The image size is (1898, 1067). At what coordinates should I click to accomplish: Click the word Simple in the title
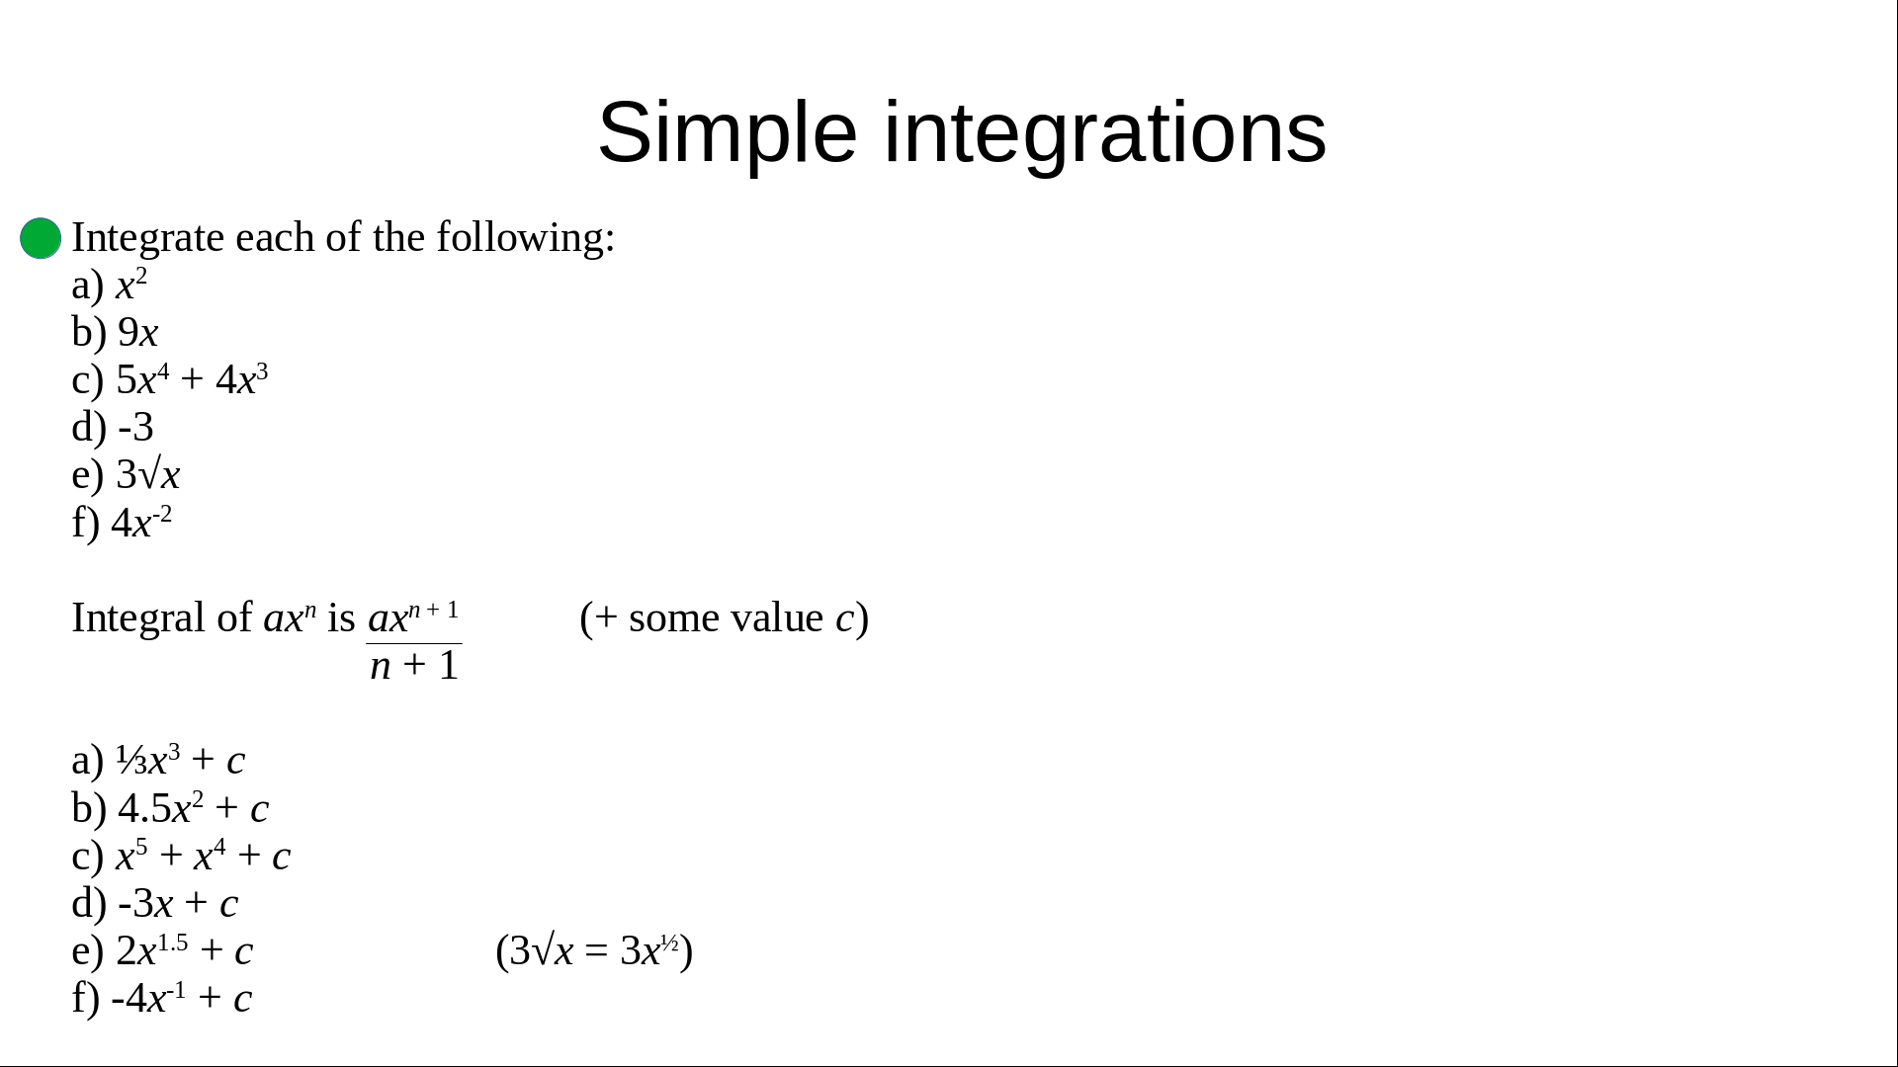728,134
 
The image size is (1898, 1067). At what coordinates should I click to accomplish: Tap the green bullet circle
41,238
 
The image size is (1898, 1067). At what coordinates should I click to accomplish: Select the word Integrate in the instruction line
148,239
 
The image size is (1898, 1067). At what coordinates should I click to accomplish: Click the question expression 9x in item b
138,333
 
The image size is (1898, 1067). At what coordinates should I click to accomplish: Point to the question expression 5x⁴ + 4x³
193,379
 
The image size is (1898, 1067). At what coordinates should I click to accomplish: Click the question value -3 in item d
135,428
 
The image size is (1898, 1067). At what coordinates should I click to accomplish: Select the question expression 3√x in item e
148,475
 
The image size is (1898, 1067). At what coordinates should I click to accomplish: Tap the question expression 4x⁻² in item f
141,522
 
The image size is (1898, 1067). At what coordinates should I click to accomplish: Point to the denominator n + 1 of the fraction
415,666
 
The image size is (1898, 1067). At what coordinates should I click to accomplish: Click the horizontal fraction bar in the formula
414,644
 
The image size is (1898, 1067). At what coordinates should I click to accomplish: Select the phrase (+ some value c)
725,618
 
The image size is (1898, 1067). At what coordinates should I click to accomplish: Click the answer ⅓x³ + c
181,760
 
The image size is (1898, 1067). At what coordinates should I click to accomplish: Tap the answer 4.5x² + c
193,808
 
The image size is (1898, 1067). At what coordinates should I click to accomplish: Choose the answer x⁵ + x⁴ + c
204,856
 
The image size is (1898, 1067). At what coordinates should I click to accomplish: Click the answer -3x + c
178,903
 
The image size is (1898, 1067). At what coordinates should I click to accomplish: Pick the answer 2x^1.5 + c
185,950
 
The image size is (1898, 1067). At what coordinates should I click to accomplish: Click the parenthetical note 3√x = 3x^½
594,950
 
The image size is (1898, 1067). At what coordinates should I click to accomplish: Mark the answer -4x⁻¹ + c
182,998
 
